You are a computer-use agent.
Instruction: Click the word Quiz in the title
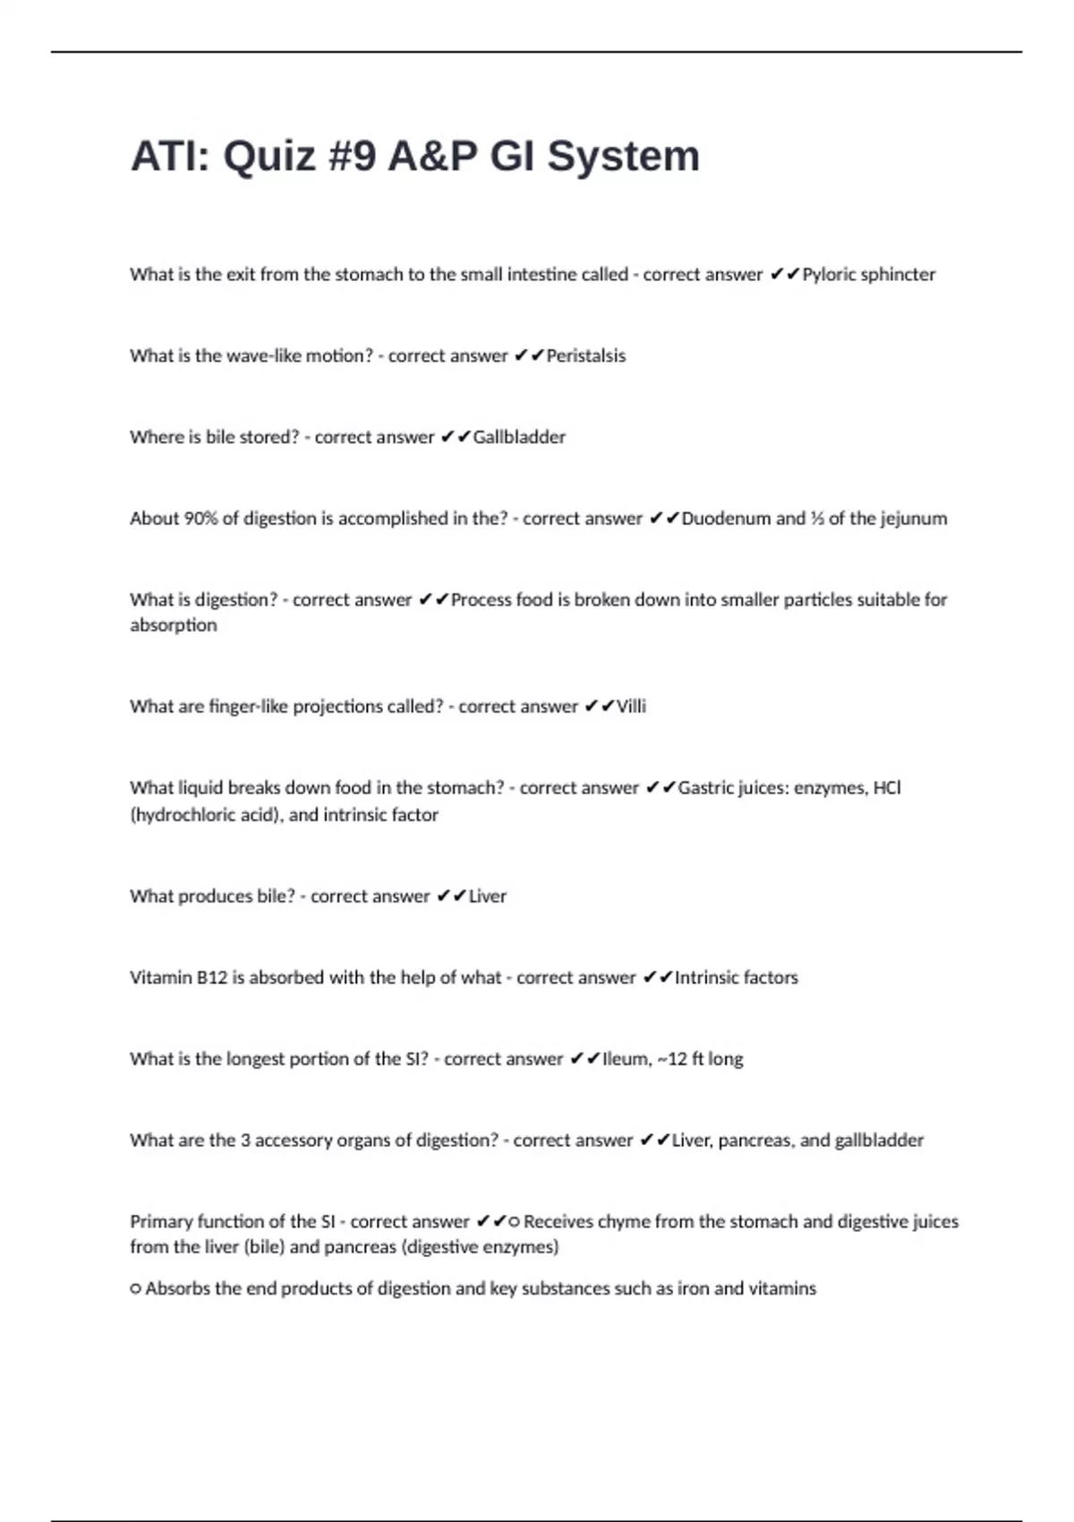click(x=269, y=157)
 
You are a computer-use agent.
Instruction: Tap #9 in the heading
click(x=354, y=157)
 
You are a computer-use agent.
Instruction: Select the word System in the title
click(x=623, y=157)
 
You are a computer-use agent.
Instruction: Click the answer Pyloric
click(x=831, y=275)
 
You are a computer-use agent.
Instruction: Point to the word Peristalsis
click(x=585, y=356)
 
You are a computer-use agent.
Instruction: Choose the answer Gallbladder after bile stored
click(x=519, y=438)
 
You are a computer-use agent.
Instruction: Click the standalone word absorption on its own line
click(x=174, y=626)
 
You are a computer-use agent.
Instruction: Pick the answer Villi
click(x=631, y=707)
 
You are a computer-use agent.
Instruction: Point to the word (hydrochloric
click(x=184, y=816)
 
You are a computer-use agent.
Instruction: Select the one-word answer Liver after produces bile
click(x=488, y=897)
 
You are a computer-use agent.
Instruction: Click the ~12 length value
click(x=672, y=1060)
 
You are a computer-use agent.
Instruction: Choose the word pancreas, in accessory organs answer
click(x=756, y=1141)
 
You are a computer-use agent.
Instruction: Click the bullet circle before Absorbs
click(x=136, y=1290)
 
